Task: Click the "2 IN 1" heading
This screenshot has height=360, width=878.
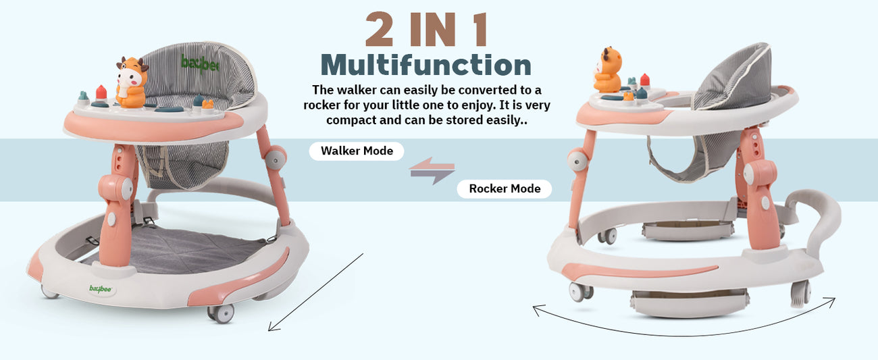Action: click(x=426, y=30)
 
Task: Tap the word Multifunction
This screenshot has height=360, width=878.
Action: click(x=426, y=65)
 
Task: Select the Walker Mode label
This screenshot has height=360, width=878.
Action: click(x=357, y=151)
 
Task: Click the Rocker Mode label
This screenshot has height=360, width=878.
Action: click(x=505, y=188)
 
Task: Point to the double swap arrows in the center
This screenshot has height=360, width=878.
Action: click(x=432, y=171)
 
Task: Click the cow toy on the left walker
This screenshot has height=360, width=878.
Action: click(x=132, y=82)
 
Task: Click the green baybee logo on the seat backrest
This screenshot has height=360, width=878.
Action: click(x=199, y=63)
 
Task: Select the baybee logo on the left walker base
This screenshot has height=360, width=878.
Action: click(x=101, y=289)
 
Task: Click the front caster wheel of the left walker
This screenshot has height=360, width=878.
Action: click(x=222, y=313)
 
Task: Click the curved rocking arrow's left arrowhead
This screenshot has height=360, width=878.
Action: click(x=538, y=310)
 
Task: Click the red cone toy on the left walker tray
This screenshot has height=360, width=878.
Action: click(x=101, y=93)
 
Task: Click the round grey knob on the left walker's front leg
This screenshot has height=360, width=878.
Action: click(x=126, y=189)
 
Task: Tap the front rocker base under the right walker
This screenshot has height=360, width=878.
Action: click(x=690, y=305)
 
